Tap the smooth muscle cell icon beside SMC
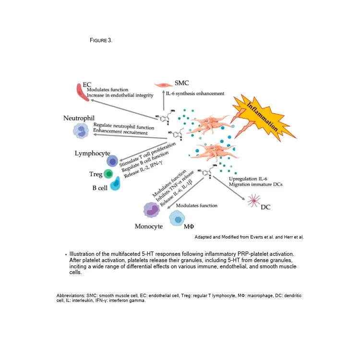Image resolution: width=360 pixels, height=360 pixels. pyautogui.click(x=169, y=84)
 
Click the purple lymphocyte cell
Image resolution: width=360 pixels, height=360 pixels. pyautogui.click(x=112, y=161)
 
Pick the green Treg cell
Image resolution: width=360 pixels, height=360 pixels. pyautogui.click(x=108, y=174)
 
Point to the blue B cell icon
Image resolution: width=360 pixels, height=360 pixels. pyautogui.click(x=115, y=184)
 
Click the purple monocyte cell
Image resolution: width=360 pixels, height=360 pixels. pyautogui.click(x=152, y=210)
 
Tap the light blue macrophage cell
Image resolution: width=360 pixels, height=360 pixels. pyautogui.click(x=178, y=219)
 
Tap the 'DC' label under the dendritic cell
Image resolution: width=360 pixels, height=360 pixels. pyautogui.click(x=266, y=207)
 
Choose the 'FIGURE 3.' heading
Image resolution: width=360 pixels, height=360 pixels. pyautogui.click(x=101, y=40)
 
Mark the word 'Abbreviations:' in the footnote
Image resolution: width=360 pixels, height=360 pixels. pyautogui.click(x=72, y=296)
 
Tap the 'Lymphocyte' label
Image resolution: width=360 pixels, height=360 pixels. pyautogui.click(x=93, y=153)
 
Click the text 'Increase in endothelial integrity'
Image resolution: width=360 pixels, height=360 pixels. pyautogui.click(x=120, y=95)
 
